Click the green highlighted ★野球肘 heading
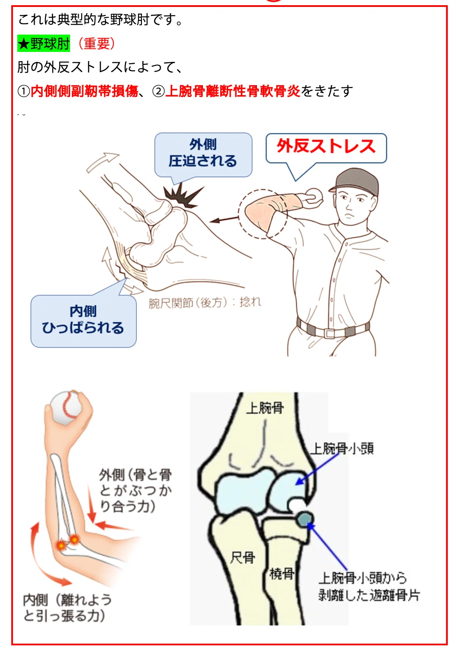pos(44,44)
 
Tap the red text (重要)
pos(96,44)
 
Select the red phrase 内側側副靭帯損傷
pos(84,91)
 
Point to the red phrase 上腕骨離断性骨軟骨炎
pos(233,91)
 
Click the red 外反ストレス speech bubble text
pos(326,146)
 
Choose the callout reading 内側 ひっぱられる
pos(83,320)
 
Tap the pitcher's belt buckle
pos(330,333)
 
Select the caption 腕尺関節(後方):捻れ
pos(205,302)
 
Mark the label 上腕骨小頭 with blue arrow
pos(341,449)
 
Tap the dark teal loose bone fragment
pos(305,519)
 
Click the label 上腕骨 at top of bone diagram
pos(265,408)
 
